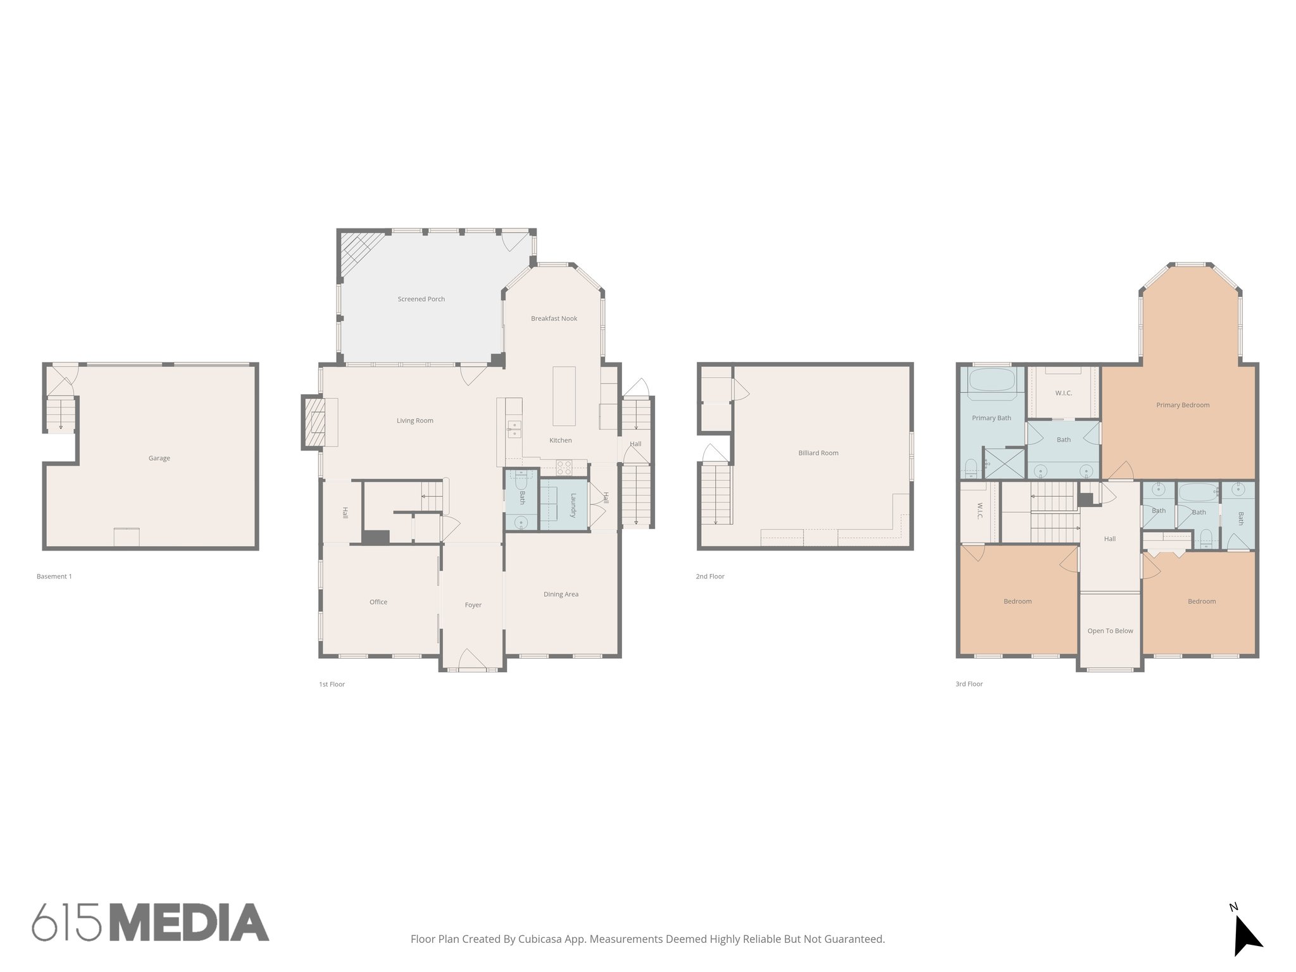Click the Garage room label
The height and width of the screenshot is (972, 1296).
point(159,458)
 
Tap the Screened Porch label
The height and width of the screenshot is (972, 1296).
point(421,299)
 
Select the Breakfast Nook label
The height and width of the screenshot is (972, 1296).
point(554,318)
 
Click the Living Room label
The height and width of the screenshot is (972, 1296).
point(414,420)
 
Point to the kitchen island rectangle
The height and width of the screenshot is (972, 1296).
point(564,396)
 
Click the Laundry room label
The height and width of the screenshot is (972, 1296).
point(573,506)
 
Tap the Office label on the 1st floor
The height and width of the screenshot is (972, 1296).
point(378,602)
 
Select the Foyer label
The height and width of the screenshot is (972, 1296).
point(473,605)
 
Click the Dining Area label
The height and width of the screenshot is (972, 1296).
point(561,594)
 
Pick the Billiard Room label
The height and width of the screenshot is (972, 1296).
point(818,452)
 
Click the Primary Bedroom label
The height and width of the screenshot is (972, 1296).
point(1182,405)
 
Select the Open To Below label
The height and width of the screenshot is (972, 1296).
point(1110,631)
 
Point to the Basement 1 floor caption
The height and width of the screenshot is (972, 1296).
point(54,576)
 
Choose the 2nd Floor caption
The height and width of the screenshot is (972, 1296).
point(710,576)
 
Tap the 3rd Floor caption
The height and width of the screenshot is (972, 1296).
point(969,684)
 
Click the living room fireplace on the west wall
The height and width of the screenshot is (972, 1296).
point(313,422)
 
